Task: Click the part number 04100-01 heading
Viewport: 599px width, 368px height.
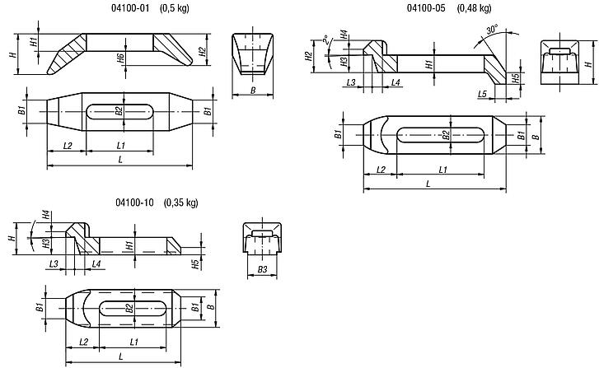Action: [x=105, y=9]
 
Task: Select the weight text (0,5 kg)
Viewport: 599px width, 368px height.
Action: [x=152, y=9]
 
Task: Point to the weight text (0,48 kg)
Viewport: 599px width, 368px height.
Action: [x=475, y=9]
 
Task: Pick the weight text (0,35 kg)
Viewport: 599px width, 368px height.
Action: [x=181, y=203]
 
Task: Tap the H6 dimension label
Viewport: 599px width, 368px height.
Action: [x=120, y=58]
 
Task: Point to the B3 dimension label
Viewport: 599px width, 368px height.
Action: [x=262, y=269]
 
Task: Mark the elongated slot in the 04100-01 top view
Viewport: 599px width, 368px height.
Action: [x=119, y=110]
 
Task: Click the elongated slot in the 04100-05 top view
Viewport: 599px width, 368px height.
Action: [x=443, y=134]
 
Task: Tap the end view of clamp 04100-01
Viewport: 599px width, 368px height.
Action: [x=251, y=52]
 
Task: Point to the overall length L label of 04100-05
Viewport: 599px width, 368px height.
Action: [x=428, y=184]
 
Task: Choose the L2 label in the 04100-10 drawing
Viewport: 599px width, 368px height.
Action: [x=83, y=340]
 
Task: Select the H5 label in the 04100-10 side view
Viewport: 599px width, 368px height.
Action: [x=194, y=263]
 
